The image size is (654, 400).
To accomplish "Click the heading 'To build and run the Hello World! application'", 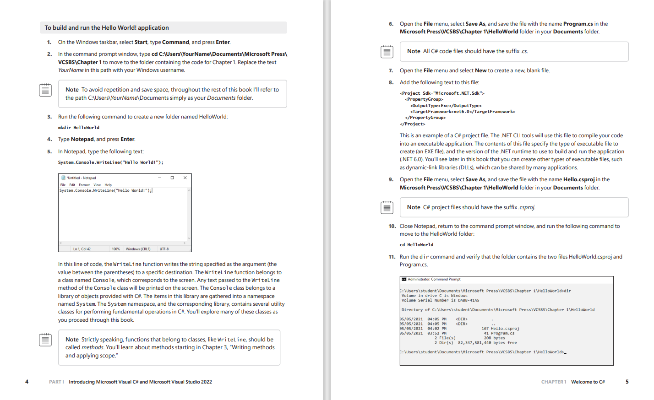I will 107,28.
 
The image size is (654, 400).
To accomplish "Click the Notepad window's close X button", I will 185,178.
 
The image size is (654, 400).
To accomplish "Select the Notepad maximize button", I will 172,178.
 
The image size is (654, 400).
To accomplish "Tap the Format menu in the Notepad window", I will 84,185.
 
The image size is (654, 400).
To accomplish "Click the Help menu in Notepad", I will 108,185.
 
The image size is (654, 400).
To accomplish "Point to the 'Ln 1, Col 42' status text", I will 82,249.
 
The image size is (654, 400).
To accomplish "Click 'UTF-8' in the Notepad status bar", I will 164,249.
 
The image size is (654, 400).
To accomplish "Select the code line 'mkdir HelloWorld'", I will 79,128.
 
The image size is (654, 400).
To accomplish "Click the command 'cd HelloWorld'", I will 416,245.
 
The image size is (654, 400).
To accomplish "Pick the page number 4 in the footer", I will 27,382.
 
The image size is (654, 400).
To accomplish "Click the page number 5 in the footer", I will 627,382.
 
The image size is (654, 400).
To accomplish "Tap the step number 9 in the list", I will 391,179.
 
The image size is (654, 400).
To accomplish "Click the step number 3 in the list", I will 49,117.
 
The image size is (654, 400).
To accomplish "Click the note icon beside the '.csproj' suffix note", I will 387,207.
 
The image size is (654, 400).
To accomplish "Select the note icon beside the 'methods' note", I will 45,340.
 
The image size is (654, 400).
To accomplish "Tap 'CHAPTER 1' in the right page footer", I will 554,382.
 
